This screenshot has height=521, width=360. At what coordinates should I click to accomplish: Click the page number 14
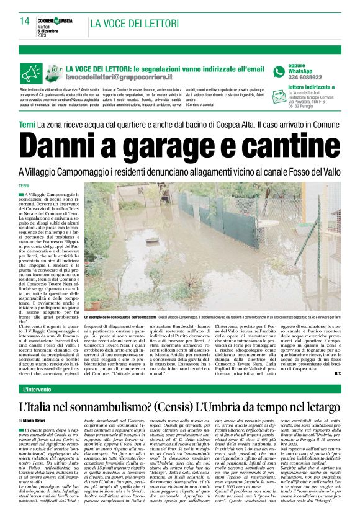pos(25,21)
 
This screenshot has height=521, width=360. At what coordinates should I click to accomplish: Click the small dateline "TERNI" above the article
pos(24,186)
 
